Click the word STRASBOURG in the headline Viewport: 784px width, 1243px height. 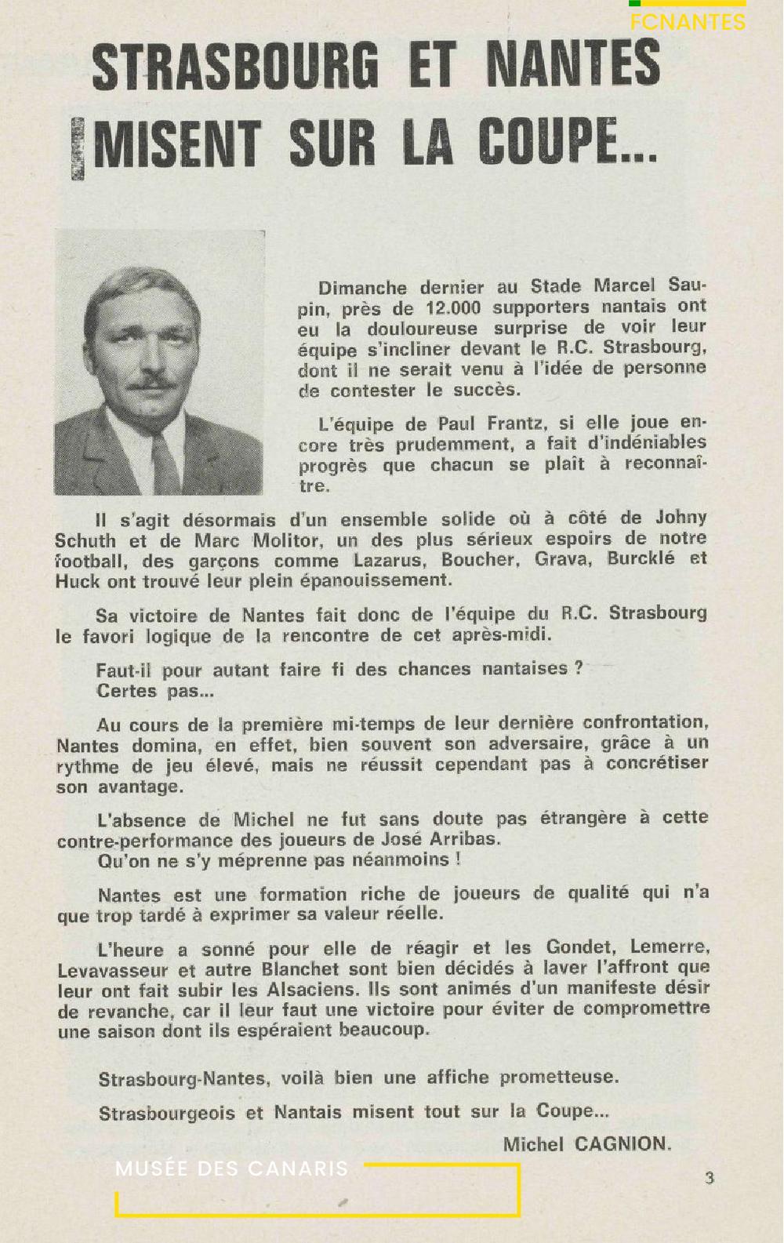pyautogui.click(x=235, y=66)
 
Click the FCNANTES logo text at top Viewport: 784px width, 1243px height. pyautogui.click(x=688, y=22)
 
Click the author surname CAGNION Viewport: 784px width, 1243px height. pyautogui.click(x=622, y=1143)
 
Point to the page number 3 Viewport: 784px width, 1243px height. pyautogui.click(x=709, y=1178)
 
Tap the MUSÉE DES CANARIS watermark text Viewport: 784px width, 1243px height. pyautogui.click(x=231, y=1168)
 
